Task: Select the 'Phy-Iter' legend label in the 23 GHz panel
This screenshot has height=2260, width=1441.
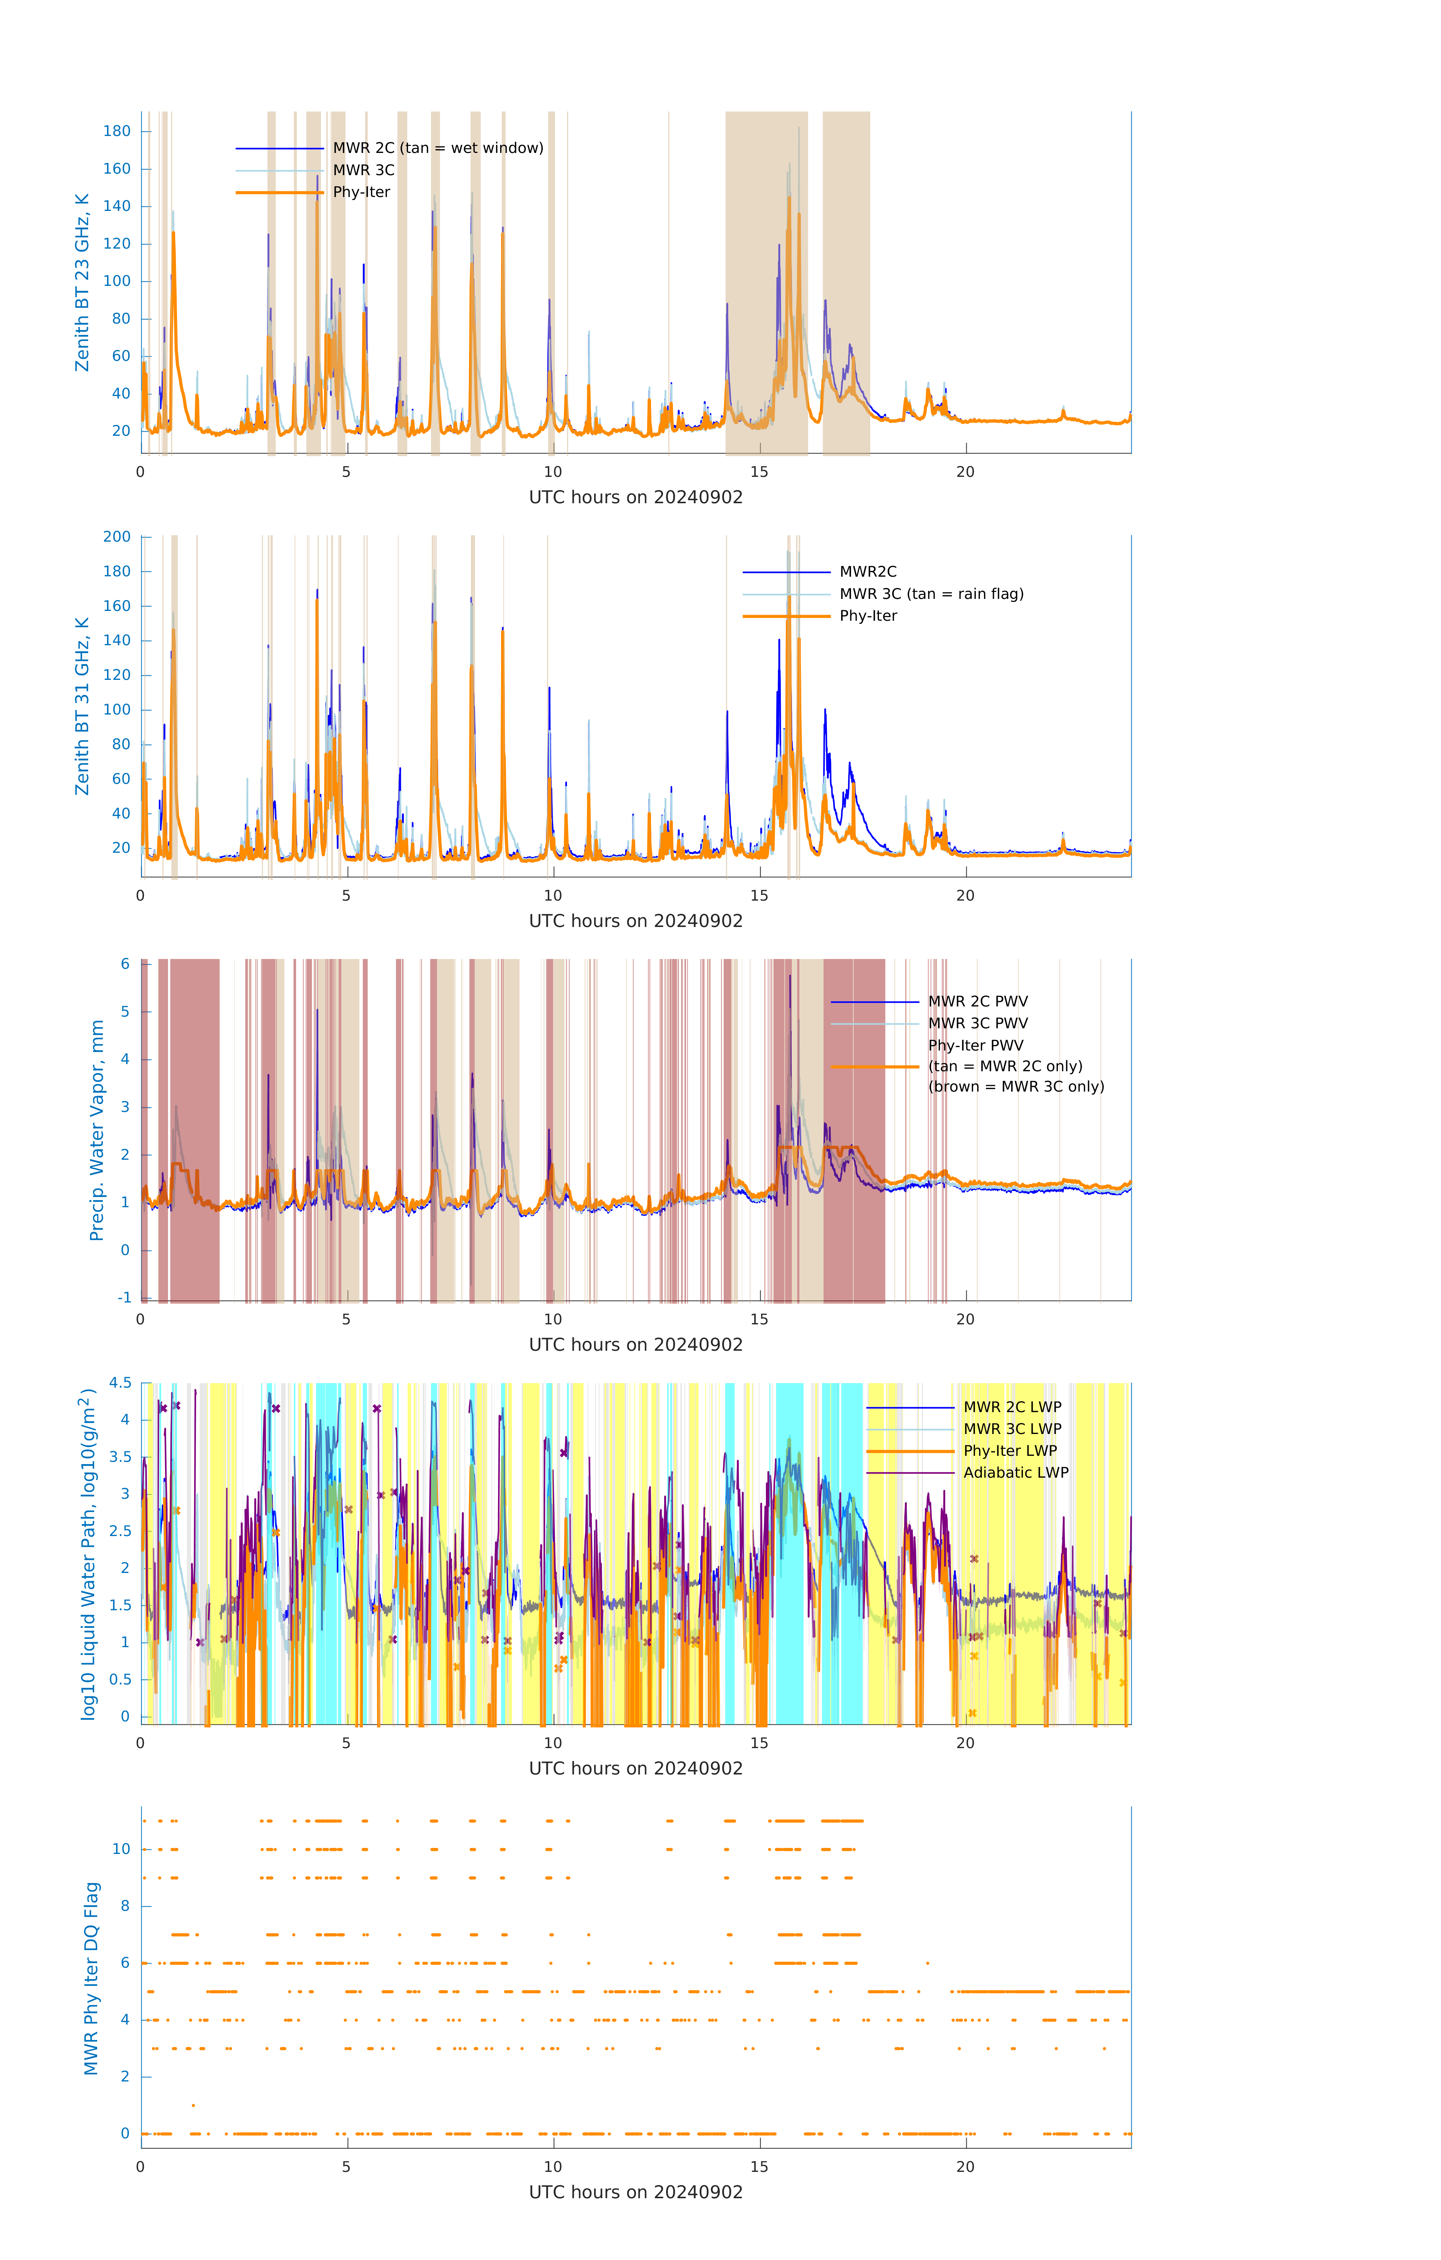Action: coord(361,192)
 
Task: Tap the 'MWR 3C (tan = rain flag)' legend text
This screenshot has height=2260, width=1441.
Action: coord(931,594)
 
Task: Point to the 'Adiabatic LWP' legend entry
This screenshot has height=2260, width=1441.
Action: coord(1016,1472)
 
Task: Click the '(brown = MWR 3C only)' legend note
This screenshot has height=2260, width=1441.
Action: coord(1016,1087)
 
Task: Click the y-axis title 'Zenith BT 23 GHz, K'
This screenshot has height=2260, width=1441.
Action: coord(83,282)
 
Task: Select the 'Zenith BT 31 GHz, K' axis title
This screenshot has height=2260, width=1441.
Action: coord(83,706)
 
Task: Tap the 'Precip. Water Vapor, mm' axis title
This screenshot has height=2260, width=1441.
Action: coord(97,1130)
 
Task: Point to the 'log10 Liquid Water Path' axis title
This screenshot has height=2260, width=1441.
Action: coord(88,1553)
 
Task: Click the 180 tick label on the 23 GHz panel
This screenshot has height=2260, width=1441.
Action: coord(117,131)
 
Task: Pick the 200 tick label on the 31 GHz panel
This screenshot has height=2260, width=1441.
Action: coord(117,537)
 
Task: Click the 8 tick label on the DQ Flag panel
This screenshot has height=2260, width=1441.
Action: coord(125,1906)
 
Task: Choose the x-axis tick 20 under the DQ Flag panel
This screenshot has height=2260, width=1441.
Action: coord(965,2167)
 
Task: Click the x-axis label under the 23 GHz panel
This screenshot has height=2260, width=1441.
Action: coord(636,498)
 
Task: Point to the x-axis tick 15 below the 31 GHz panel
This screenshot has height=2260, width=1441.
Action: coord(758,895)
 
